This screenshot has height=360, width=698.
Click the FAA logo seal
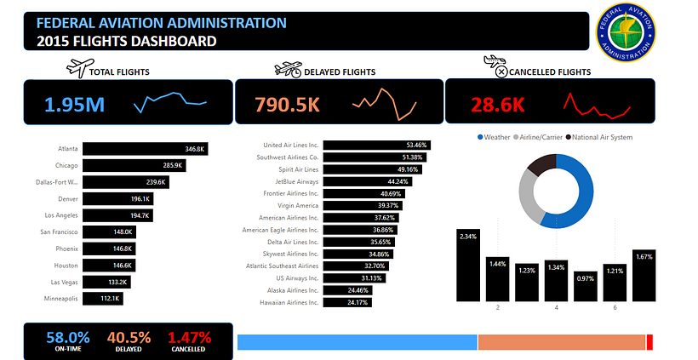click(627, 31)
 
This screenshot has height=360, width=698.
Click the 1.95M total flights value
click(74, 105)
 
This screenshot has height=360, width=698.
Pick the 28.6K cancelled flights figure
click(495, 105)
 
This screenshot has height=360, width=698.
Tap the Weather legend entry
click(496, 137)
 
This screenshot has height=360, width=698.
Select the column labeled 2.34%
click(468, 265)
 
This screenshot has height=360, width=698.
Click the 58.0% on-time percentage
click(67, 338)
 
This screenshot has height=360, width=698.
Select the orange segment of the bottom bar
click(562, 342)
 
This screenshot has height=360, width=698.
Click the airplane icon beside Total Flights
click(78, 66)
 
